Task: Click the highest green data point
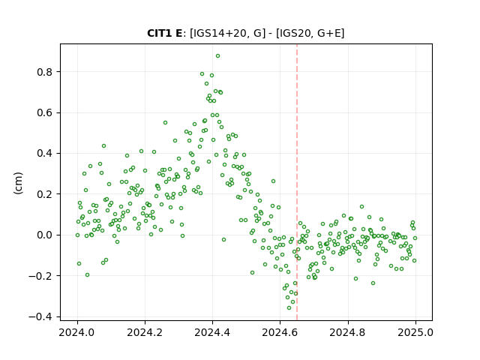[217, 56]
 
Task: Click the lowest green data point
[289, 307]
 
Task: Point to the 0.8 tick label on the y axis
[45, 72]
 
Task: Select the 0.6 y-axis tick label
[45, 112]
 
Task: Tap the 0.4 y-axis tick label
[45, 153]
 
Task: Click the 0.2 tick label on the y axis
[45, 194]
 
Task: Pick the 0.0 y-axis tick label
[45, 235]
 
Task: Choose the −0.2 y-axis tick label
[40, 276]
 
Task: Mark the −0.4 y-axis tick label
[40, 316]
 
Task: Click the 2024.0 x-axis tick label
[77, 332]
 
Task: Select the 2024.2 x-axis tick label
[145, 332]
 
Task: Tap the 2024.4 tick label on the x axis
[212, 332]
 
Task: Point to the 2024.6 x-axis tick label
[280, 332]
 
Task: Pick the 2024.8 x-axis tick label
[347, 332]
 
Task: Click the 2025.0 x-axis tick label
[415, 332]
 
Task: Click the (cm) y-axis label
[18, 183]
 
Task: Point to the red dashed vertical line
[297, 182]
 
